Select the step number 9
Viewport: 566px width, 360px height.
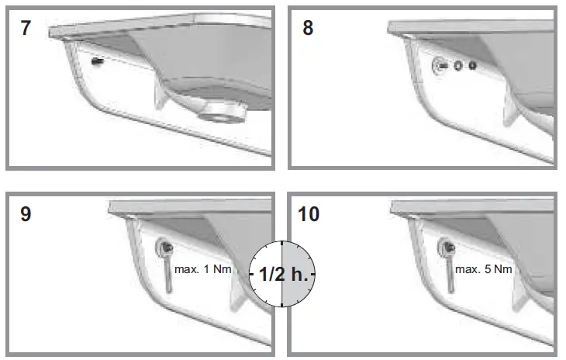tap(26, 213)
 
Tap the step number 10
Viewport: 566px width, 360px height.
tap(309, 213)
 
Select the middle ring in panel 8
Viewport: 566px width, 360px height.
tap(458, 67)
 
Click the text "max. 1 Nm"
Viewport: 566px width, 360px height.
tap(203, 269)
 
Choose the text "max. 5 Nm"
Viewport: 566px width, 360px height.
tap(485, 269)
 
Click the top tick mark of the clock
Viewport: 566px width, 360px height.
tap(282, 244)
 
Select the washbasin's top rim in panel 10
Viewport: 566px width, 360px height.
tap(473, 207)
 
